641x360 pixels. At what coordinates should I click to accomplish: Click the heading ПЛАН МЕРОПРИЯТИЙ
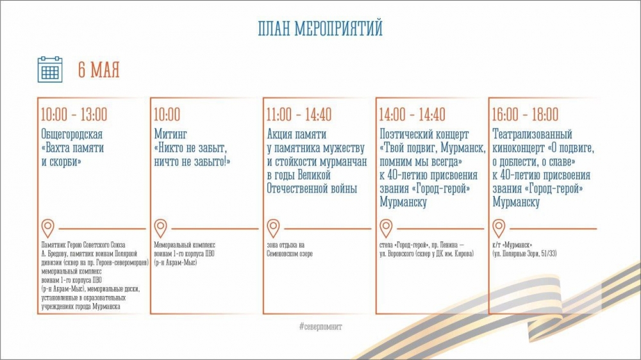320,29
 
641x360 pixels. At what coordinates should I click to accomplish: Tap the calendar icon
50,69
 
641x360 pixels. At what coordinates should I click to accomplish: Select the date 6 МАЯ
99,70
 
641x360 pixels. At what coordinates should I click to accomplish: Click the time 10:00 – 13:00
74,115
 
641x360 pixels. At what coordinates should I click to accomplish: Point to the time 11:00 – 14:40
299,115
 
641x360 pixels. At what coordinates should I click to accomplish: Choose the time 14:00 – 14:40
412,115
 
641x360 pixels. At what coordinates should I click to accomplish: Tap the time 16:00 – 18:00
525,115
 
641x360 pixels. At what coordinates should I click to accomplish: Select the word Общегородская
72,135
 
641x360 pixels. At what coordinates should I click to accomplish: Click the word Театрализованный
532,135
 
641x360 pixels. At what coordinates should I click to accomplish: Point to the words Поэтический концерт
424,135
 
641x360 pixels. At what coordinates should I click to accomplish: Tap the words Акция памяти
297,135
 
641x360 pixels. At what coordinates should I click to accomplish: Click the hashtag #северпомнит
320,327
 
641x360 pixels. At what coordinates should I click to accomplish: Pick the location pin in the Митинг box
161,228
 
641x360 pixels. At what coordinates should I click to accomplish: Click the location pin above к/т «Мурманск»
499,228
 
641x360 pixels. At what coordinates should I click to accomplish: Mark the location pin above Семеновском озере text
273,228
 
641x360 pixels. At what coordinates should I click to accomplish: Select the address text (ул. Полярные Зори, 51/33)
524,254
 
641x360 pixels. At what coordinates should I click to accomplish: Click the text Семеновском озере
290,254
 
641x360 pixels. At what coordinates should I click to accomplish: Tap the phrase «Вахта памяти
73,148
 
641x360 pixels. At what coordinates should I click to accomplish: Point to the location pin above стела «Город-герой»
386,228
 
